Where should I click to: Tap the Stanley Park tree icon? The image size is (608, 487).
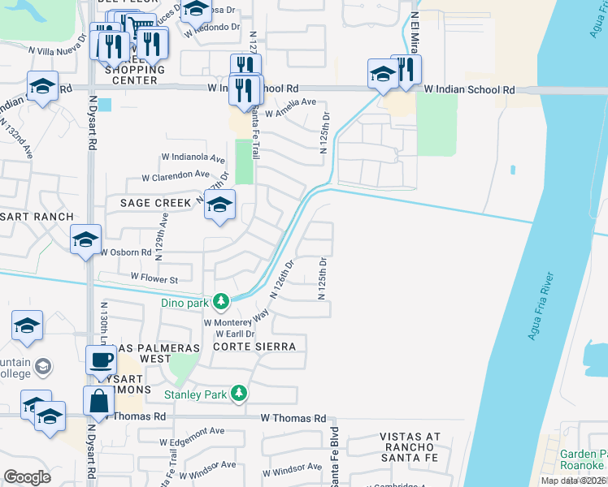[238, 394]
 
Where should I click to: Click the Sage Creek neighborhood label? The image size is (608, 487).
[154, 202]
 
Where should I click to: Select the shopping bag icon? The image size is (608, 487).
[98, 401]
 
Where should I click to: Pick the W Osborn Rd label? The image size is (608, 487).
[125, 252]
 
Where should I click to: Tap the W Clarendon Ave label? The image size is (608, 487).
[176, 175]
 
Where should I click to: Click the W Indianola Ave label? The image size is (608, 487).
[193, 157]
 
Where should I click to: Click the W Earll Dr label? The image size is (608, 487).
[235, 334]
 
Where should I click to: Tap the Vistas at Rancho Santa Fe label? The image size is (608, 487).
[410, 448]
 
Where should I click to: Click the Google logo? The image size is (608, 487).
[27, 477]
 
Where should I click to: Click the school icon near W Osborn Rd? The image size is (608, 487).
[85, 240]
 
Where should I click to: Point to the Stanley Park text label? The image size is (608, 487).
[195, 395]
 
